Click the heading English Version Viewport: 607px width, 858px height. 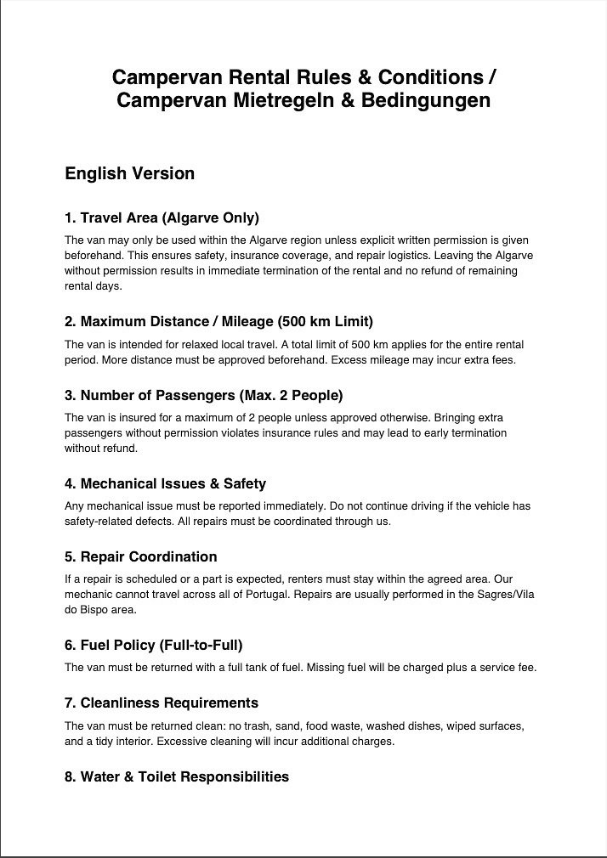tap(129, 174)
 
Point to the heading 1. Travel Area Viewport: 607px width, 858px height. tap(162, 217)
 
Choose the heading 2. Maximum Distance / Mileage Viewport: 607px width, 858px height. tap(218, 322)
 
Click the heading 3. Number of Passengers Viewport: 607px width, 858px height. tap(204, 396)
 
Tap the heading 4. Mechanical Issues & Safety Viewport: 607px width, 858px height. tap(165, 484)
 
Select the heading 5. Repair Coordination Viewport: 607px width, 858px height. tap(140, 557)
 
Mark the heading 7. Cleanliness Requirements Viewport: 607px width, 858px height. tap(162, 703)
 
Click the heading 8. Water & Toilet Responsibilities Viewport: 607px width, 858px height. tap(177, 776)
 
